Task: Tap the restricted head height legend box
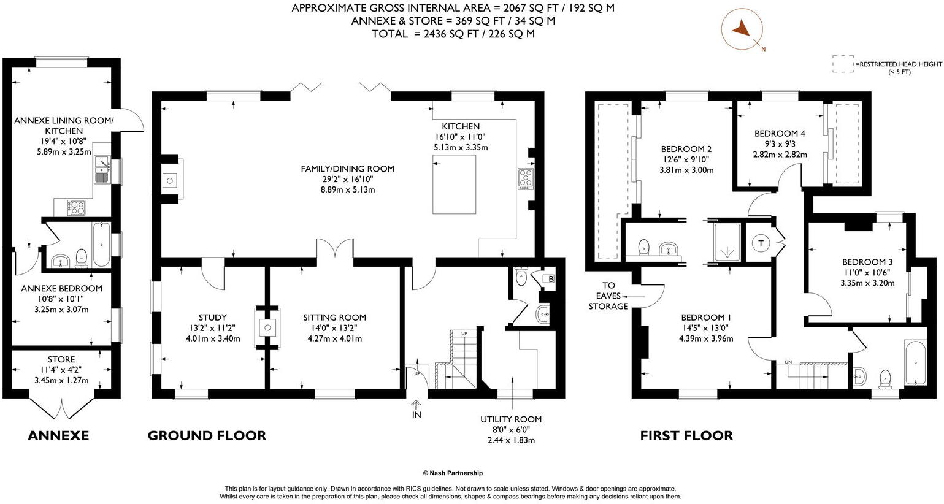843,64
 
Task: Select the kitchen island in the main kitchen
454,184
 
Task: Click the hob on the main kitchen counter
526,179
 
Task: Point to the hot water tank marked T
761,243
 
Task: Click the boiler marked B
551,280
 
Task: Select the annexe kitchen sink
101,170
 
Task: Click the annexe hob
77,207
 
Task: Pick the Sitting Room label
334,318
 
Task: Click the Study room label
213,318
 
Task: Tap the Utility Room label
510,419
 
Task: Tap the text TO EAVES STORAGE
608,296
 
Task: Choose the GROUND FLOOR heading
207,436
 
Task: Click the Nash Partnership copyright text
453,473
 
